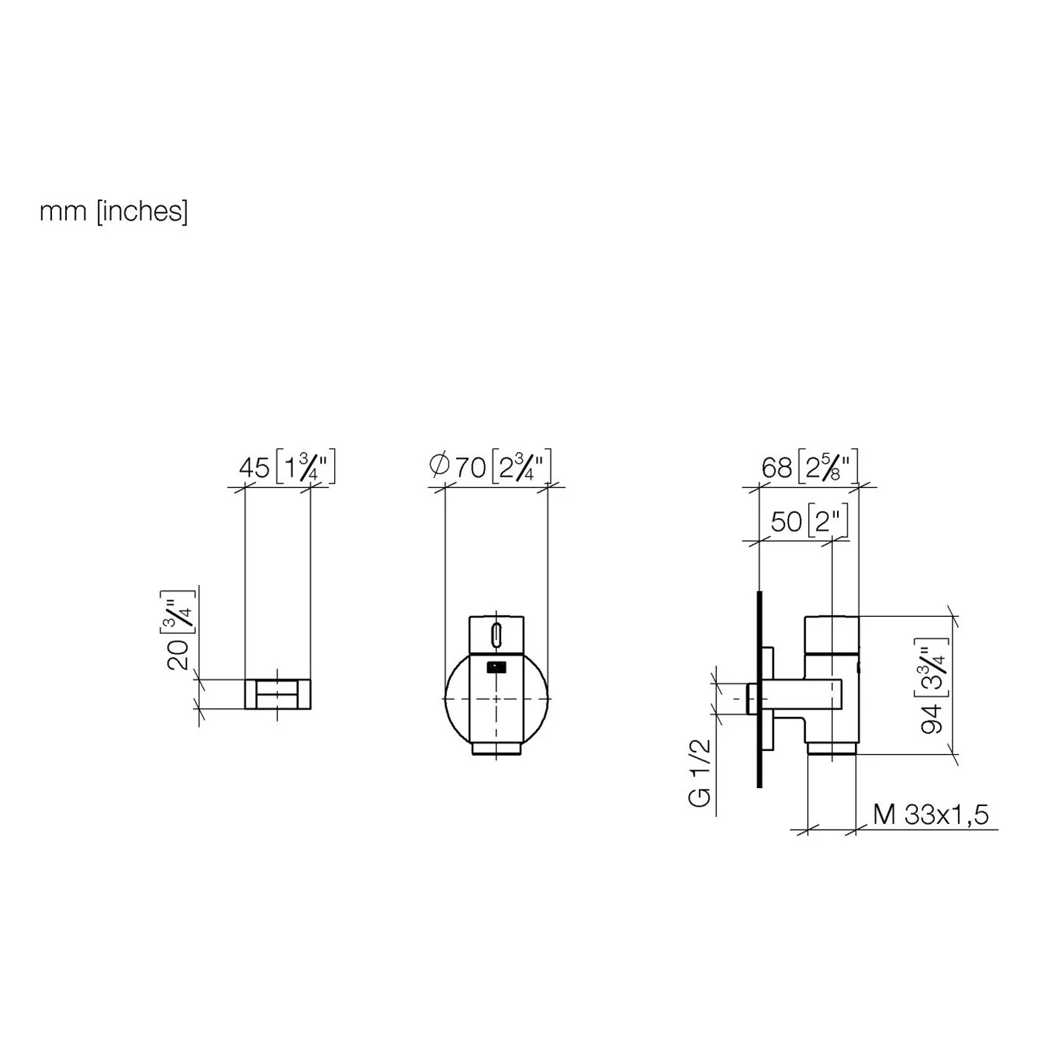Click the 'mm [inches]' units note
coord(113,212)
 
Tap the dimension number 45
coord(254,468)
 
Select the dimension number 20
coord(178,655)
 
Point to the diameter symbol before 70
coord(440,465)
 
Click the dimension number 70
coord(471,468)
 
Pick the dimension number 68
coord(777,468)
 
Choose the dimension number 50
coord(787,521)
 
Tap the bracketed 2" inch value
coord(828,520)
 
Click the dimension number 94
coord(932,718)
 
